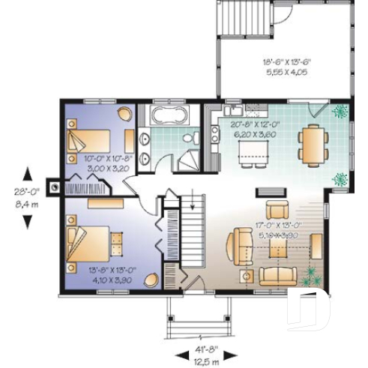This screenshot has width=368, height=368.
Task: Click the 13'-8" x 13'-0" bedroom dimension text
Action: pyautogui.click(x=99, y=275)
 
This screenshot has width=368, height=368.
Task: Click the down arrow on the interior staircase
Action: pyautogui.click(x=193, y=202)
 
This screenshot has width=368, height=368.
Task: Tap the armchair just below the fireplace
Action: pyautogui.click(x=278, y=210)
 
